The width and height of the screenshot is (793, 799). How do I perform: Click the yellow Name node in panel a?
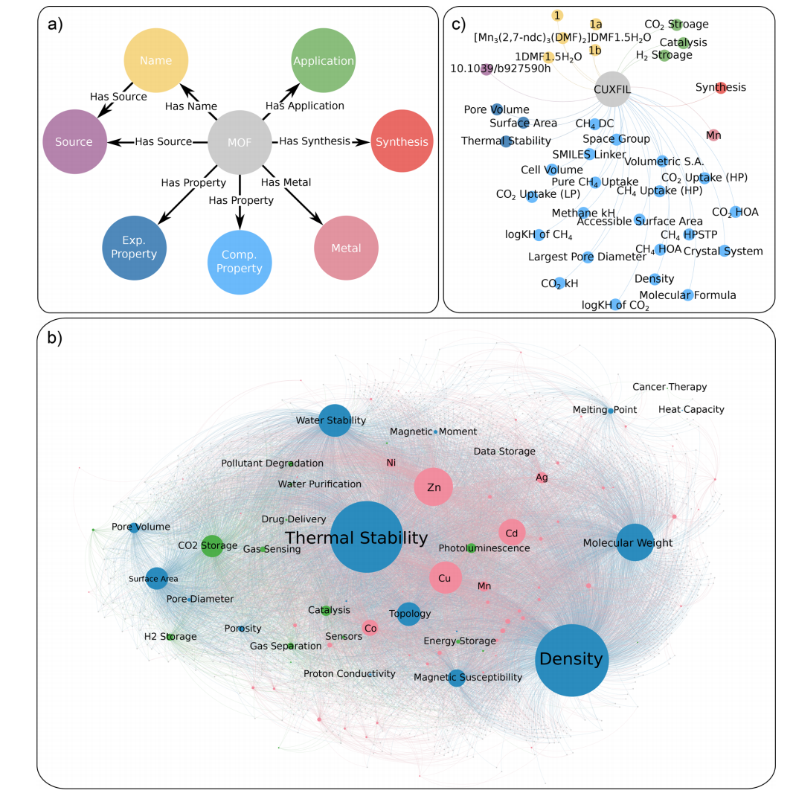(156, 61)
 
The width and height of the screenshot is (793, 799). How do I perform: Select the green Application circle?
(323, 61)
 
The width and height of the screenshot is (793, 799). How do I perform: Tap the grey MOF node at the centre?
(240, 141)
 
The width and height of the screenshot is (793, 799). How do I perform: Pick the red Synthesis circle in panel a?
(402, 141)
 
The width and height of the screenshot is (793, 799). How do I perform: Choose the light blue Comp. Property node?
(240, 261)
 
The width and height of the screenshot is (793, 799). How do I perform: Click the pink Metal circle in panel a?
(347, 248)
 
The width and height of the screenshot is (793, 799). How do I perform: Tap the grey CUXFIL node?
(613, 89)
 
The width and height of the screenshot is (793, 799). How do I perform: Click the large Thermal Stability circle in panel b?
(366, 538)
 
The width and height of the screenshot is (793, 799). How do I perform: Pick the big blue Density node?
(572, 660)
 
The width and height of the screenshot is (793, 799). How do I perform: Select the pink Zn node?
(434, 487)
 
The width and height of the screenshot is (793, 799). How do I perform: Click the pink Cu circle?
(445, 577)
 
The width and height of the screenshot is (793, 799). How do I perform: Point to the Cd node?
(512, 533)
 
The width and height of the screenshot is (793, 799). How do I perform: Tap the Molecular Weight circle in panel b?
(635, 542)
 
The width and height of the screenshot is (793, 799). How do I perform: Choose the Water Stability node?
(335, 420)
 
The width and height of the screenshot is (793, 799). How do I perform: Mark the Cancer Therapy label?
(670, 387)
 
